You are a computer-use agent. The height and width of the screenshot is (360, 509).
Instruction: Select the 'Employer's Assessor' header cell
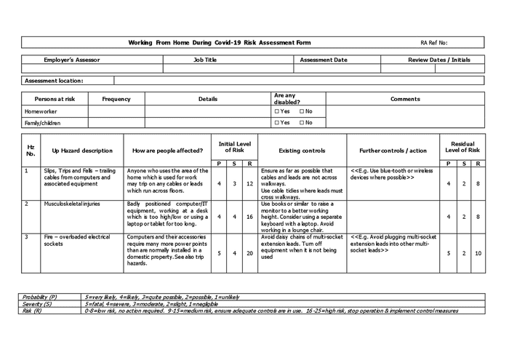(x=73, y=60)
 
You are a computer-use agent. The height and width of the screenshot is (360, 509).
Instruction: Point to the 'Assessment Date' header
(x=324, y=60)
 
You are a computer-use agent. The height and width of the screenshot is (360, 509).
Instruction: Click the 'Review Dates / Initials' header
(x=438, y=60)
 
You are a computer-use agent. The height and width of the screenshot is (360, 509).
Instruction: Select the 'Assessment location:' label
(x=55, y=81)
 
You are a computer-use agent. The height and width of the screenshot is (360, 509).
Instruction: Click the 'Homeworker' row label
(x=41, y=111)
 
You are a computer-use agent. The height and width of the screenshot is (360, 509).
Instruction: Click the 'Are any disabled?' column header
(x=284, y=99)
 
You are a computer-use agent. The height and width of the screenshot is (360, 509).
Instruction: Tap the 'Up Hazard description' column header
(x=82, y=151)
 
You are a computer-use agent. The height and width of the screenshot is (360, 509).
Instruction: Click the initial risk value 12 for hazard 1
(x=249, y=184)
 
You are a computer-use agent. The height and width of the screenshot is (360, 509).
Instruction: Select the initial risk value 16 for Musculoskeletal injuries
(x=249, y=217)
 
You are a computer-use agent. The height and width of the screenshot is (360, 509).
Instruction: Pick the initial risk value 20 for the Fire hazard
(x=249, y=253)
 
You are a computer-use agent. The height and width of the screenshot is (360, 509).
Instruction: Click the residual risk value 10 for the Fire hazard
(x=477, y=253)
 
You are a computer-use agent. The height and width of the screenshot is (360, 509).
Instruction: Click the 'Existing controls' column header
(x=302, y=151)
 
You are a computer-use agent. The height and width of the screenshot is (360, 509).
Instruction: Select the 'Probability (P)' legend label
(x=40, y=297)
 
